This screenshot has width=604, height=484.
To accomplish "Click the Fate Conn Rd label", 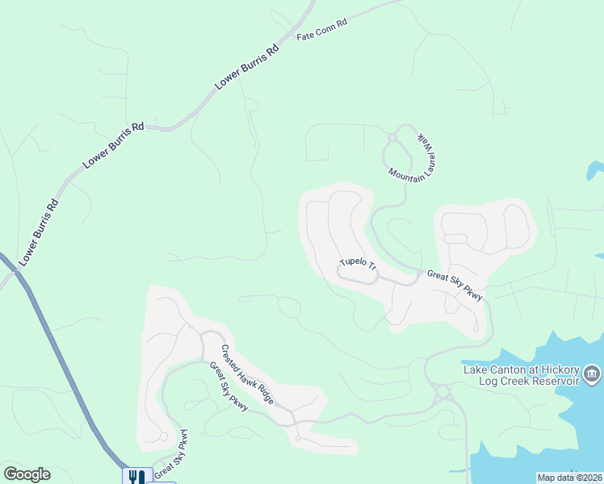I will coord(321,31).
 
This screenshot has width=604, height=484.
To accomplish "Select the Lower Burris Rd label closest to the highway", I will coord(40,232).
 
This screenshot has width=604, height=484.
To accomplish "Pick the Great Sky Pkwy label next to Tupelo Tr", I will coord(455,286).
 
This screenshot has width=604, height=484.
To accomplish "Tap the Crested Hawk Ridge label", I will coord(248,374).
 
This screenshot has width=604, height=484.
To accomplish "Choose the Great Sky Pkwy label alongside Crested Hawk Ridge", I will coord(229,386).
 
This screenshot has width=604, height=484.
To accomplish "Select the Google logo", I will coord(27,474).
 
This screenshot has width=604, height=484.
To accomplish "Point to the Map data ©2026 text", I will coord(568,478).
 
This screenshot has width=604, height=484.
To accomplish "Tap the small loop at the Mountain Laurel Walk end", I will coord(392,138).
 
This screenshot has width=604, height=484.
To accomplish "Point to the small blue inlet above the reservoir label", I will coord(595,170).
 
